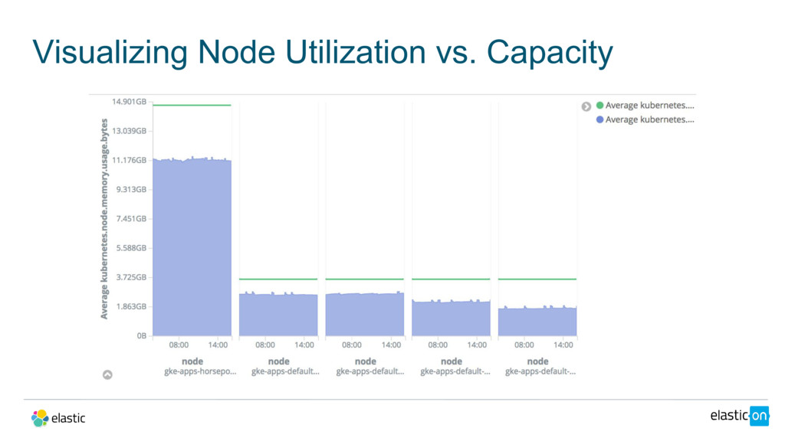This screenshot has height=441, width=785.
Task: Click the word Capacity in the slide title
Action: pyautogui.click(x=550, y=53)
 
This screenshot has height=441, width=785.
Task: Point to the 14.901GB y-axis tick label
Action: pyautogui.click(x=129, y=101)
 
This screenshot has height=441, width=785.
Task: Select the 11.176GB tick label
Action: pyautogui.click(x=129, y=160)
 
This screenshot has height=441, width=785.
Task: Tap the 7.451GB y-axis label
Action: pyautogui.click(x=131, y=218)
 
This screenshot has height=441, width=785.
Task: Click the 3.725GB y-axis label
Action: pyautogui.click(x=131, y=277)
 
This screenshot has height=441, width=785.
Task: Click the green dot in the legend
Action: pyautogui.click(x=600, y=106)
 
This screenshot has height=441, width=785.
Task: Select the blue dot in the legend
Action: pyautogui.click(x=600, y=119)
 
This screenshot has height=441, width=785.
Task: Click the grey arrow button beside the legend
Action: pyautogui.click(x=586, y=106)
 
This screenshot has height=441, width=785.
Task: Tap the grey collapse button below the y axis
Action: pyautogui.click(x=107, y=375)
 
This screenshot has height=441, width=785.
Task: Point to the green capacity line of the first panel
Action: pyautogui.click(x=192, y=105)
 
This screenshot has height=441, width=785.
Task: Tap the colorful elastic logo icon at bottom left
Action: pyautogui.click(x=40, y=417)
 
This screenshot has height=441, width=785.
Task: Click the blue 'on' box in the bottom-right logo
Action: pyautogui.click(x=759, y=415)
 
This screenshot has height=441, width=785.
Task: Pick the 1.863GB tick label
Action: pyautogui.click(x=131, y=306)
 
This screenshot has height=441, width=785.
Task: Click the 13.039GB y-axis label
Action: pyautogui.click(x=129, y=131)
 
